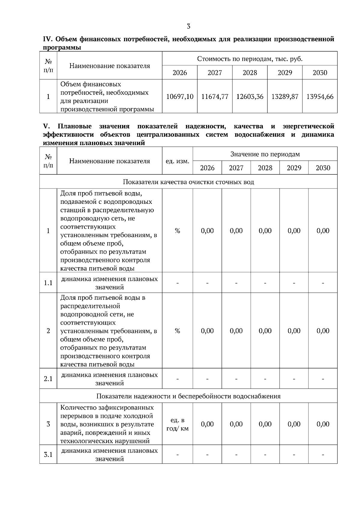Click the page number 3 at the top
pos(188,26)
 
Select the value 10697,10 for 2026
pos(180,97)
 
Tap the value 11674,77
pos(214,97)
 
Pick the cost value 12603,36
pos(250,97)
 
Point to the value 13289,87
pos(285,97)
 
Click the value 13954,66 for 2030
pos(320,97)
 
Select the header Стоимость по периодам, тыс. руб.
pos(250,59)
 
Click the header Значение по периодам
pos(265,154)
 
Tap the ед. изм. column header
pos(177,161)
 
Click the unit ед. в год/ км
pos(177,424)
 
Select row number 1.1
pos(48,283)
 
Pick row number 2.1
pos(48,379)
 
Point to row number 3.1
pos(48,454)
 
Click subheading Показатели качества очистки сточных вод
pos(188,182)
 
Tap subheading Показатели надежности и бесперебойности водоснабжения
pos(188,396)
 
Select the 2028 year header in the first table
pos(250,73)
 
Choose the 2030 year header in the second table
pos(323,168)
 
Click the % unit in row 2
pos(177,331)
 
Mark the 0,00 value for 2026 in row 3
pos(207,424)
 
